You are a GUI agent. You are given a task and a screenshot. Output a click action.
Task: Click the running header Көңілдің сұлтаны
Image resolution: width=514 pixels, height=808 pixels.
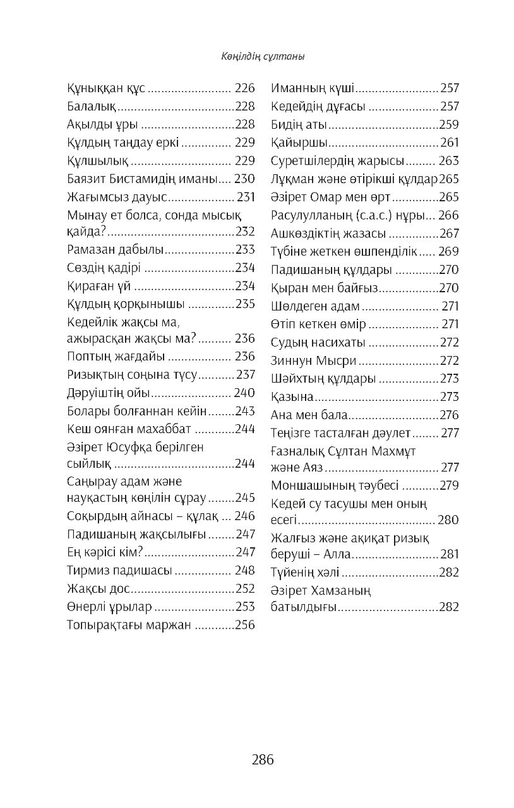click(257, 57)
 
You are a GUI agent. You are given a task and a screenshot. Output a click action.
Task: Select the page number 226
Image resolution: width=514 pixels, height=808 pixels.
click(244, 88)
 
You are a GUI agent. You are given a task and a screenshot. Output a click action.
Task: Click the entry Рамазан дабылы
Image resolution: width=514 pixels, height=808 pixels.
click(115, 249)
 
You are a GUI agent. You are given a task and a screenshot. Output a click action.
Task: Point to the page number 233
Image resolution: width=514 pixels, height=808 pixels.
click(244, 249)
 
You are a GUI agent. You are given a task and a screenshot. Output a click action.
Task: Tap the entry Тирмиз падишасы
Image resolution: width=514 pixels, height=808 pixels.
click(119, 571)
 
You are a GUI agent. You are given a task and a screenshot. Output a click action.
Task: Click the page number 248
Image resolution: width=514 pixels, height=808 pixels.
click(244, 571)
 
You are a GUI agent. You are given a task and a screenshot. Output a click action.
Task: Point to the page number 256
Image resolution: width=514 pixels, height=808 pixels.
click(244, 625)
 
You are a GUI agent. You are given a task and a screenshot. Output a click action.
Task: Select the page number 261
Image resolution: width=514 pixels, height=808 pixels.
click(450, 143)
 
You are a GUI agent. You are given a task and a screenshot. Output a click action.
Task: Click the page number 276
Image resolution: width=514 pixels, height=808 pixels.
click(450, 415)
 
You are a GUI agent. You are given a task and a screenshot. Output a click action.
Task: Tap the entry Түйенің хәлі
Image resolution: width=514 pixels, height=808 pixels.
click(305, 573)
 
